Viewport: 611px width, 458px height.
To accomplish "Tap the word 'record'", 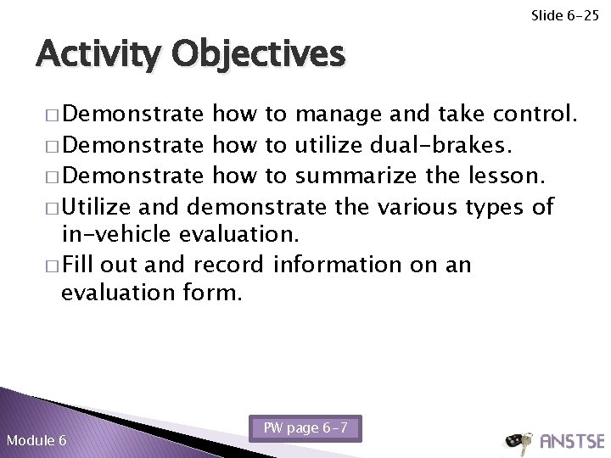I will (228, 265).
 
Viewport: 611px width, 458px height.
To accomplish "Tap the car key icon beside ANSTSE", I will (515, 440).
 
